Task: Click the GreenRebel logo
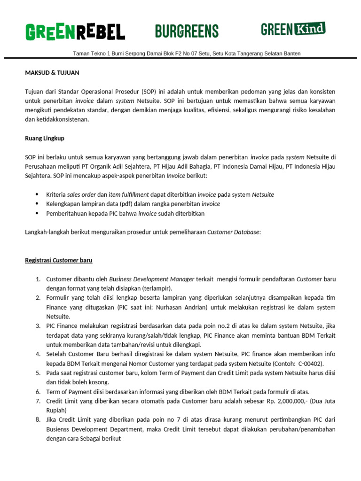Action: click(x=75, y=31)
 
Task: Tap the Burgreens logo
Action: click(x=187, y=31)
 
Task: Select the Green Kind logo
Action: click(x=293, y=29)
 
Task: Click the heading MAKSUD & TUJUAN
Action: click(x=52, y=73)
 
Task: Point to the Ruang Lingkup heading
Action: click(x=45, y=138)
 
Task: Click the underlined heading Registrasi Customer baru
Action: click(x=62, y=260)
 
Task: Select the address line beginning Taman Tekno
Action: click(x=187, y=54)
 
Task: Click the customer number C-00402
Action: click(x=308, y=364)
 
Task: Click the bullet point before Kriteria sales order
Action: click(x=37, y=194)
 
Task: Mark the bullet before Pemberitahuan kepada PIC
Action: click(x=37, y=213)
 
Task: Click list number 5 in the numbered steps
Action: click(x=38, y=373)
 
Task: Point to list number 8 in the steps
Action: click(x=38, y=419)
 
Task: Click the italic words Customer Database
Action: click(x=233, y=232)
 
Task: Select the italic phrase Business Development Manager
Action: click(x=148, y=279)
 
